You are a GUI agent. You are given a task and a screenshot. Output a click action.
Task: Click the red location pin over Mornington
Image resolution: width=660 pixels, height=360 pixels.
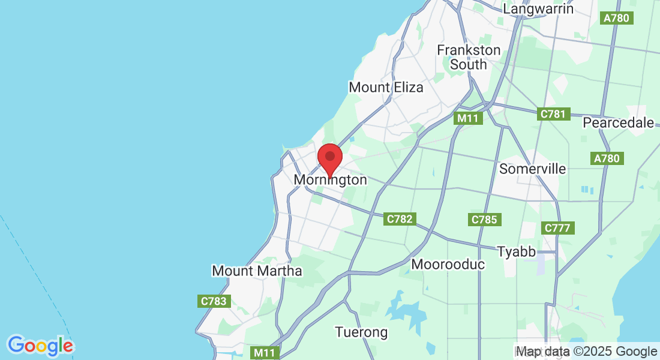pos(329,158)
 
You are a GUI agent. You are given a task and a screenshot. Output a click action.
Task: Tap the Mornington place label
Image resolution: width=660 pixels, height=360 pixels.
pos(330,180)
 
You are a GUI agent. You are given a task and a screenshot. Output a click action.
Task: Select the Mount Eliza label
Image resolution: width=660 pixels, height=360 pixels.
pos(386,87)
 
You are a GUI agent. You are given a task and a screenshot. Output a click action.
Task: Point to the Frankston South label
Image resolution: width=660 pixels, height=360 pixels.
pos(468,57)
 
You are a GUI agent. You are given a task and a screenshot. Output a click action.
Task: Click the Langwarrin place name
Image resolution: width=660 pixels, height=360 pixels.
pos(538,9)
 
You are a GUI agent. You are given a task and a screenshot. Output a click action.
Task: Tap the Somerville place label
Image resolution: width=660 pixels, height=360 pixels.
pos(532,169)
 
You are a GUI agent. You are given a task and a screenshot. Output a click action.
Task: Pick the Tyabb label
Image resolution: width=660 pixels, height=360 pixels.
pos(516,251)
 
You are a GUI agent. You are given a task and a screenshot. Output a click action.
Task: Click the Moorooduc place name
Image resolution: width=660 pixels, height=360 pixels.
pos(448,264)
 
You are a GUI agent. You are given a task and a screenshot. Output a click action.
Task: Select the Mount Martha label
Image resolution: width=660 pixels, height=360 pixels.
pos(257,271)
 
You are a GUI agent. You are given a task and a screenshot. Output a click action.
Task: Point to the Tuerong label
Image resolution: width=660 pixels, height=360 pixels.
pos(361,332)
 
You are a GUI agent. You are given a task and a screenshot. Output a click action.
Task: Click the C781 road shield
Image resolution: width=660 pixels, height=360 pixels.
pos(553,114)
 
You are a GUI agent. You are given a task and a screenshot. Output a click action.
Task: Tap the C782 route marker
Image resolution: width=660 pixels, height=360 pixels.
pos(400,219)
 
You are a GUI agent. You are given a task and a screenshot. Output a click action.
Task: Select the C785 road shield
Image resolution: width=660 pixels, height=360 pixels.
pos(484,220)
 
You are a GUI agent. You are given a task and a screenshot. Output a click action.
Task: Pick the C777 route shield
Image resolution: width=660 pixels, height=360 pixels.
pos(559,228)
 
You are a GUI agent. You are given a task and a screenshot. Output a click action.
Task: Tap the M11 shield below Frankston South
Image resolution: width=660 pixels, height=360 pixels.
pos(467,118)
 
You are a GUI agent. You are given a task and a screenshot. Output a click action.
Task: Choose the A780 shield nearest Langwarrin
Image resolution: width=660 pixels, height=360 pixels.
pos(616,18)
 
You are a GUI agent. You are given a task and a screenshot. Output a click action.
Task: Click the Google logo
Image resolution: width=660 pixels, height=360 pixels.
pos(40,346)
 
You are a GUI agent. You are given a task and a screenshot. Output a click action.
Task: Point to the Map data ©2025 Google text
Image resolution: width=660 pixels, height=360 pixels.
pos(586,352)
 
